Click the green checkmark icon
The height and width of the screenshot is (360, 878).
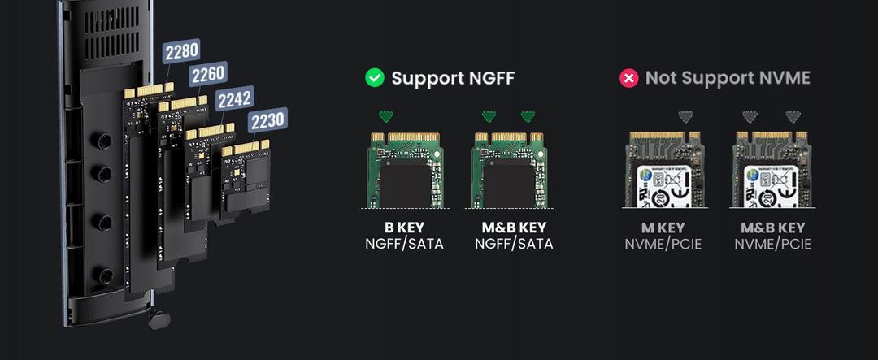[x=374, y=78]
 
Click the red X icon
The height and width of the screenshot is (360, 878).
[x=628, y=78]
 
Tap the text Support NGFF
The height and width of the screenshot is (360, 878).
[x=453, y=78]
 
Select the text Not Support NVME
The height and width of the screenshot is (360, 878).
[x=728, y=78]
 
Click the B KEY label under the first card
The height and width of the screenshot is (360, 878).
[x=404, y=228]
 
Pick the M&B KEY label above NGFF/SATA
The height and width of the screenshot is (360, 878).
[x=514, y=228]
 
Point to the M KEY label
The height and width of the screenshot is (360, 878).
[x=663, y=228]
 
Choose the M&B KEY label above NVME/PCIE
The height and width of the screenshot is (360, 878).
[x=772, y=228]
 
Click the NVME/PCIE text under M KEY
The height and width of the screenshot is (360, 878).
[x=663, y=244]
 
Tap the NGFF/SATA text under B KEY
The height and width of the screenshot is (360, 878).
[x=404, y=244]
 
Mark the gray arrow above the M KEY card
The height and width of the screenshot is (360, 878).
[x=686, y=117]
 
